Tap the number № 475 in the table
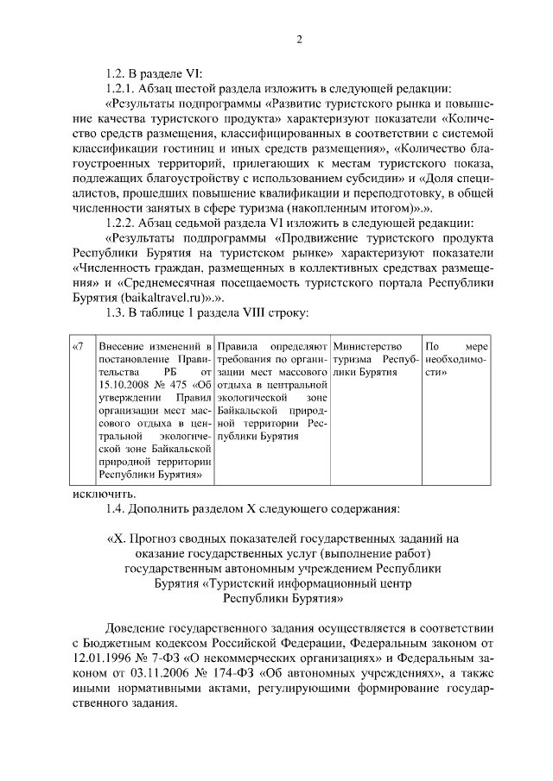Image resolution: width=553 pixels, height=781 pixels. (177, 384)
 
